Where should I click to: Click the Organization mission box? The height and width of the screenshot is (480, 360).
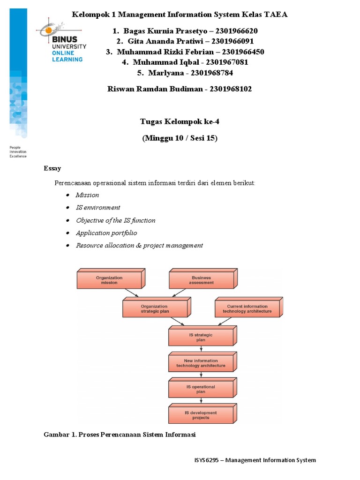[109, 280]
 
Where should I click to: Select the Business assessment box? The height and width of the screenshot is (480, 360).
[201, 280]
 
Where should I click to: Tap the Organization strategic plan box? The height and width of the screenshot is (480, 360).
[155, 309]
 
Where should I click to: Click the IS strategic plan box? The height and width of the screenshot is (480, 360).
[201, 337]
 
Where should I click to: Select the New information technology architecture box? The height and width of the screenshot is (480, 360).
[201, 363]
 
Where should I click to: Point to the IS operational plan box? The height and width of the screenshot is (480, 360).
[201, 389]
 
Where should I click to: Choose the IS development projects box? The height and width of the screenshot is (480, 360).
[201, 415]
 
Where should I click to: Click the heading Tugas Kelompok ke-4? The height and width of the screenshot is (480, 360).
[180, 122]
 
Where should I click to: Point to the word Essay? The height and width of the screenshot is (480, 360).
[52, 168]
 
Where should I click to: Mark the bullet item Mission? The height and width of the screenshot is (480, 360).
[87, 195]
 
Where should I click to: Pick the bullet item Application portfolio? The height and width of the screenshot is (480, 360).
[106, 233]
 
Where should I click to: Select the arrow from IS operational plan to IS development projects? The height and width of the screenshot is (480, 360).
[201, 401]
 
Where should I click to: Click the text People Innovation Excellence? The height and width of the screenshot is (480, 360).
[18, 152]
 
